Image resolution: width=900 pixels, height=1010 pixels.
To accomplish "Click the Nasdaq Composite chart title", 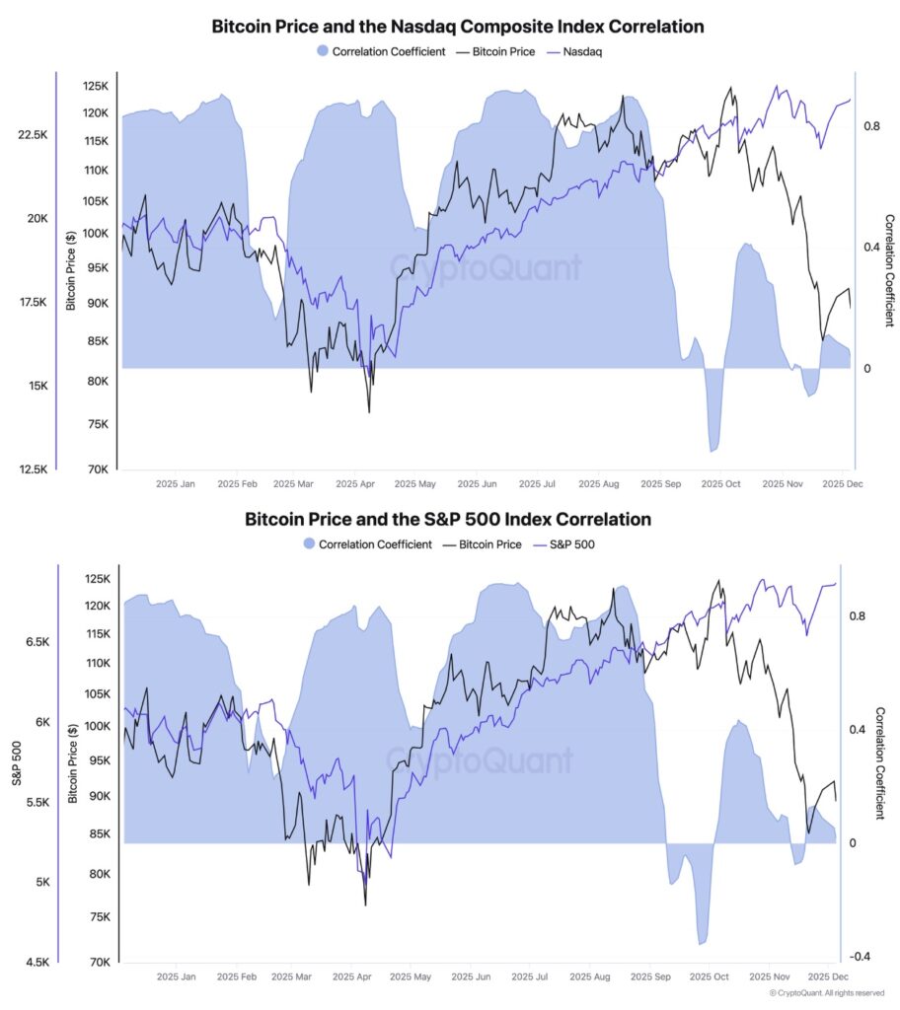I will click(x=450, y=27).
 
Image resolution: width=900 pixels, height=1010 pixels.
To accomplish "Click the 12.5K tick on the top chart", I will click(x=33, y=469).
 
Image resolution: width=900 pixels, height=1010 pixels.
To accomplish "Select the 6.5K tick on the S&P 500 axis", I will click(x=37, y=642).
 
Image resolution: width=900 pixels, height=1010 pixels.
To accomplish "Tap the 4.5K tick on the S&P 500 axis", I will click(x=37, y=962).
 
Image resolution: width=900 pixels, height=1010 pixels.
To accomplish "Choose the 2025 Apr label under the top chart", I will click(x=354, y=484).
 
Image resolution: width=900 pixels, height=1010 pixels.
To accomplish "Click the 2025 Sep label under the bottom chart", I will click(x=659, y=976).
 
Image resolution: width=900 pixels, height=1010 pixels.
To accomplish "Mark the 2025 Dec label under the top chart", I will click(x=842, y=484).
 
